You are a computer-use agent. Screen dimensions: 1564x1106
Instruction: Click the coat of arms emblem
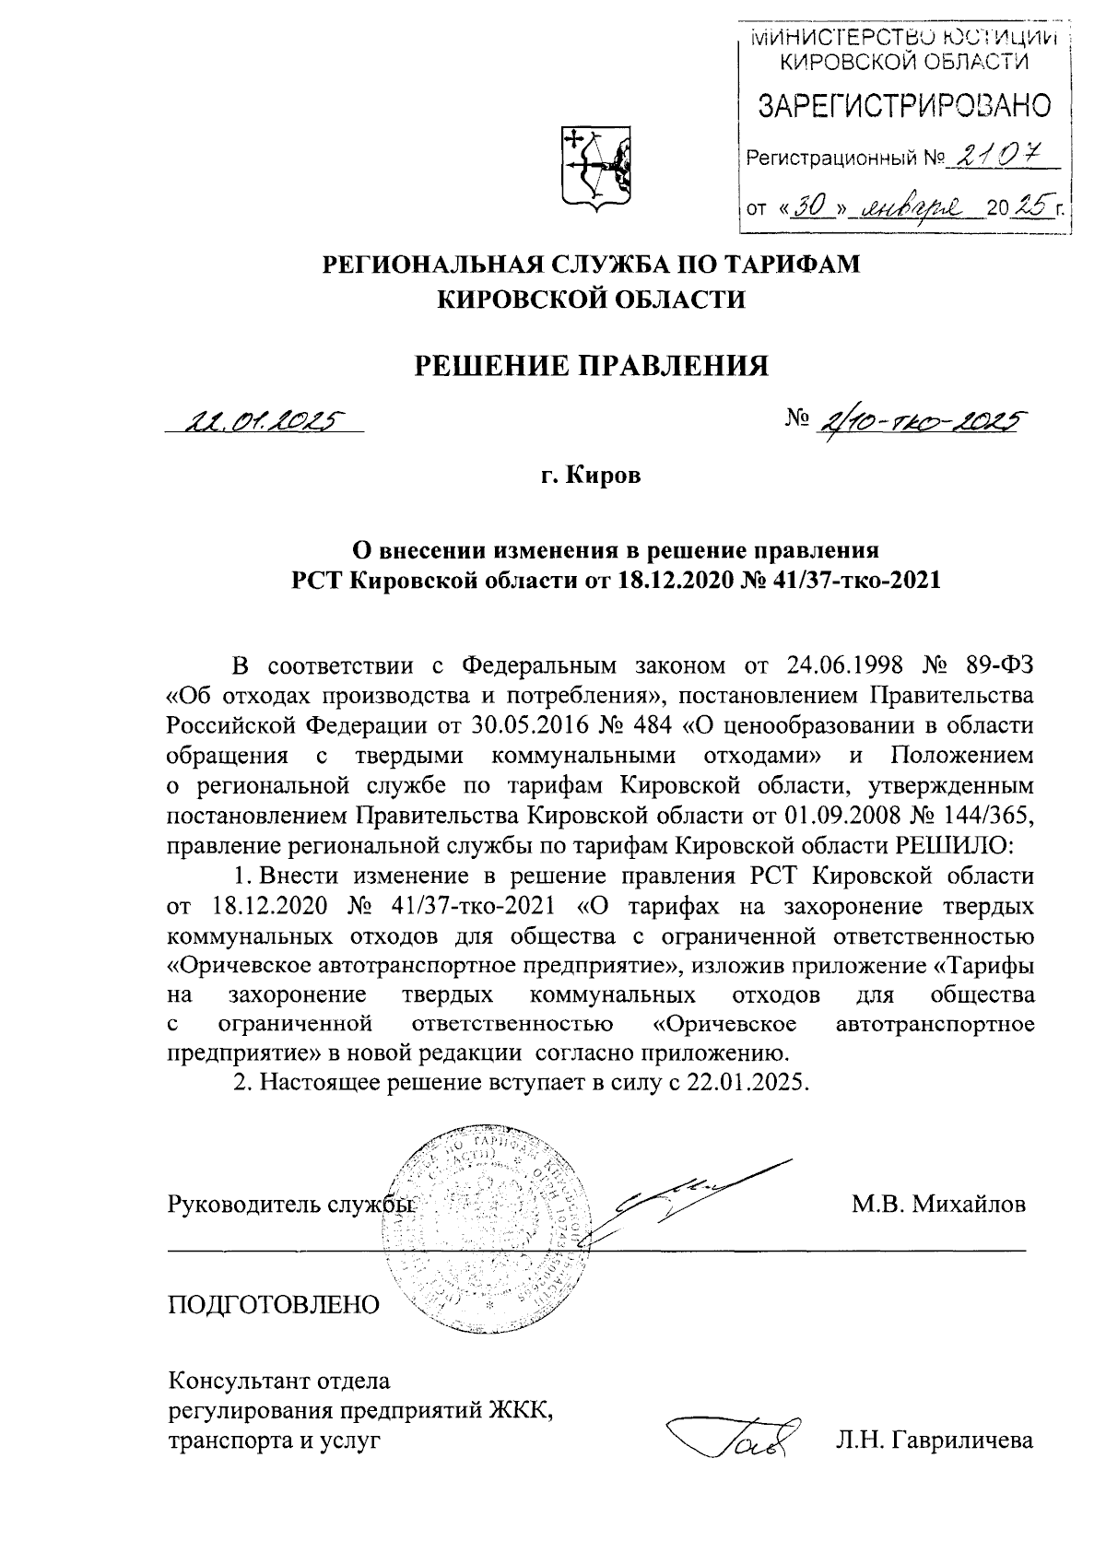595,167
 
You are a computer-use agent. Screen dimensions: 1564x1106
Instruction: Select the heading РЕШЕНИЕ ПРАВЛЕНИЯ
590,366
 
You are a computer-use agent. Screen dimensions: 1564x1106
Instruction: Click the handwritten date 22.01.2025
262,421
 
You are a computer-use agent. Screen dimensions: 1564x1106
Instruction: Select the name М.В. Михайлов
938,1205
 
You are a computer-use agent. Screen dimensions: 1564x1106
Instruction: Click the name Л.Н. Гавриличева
931,1441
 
